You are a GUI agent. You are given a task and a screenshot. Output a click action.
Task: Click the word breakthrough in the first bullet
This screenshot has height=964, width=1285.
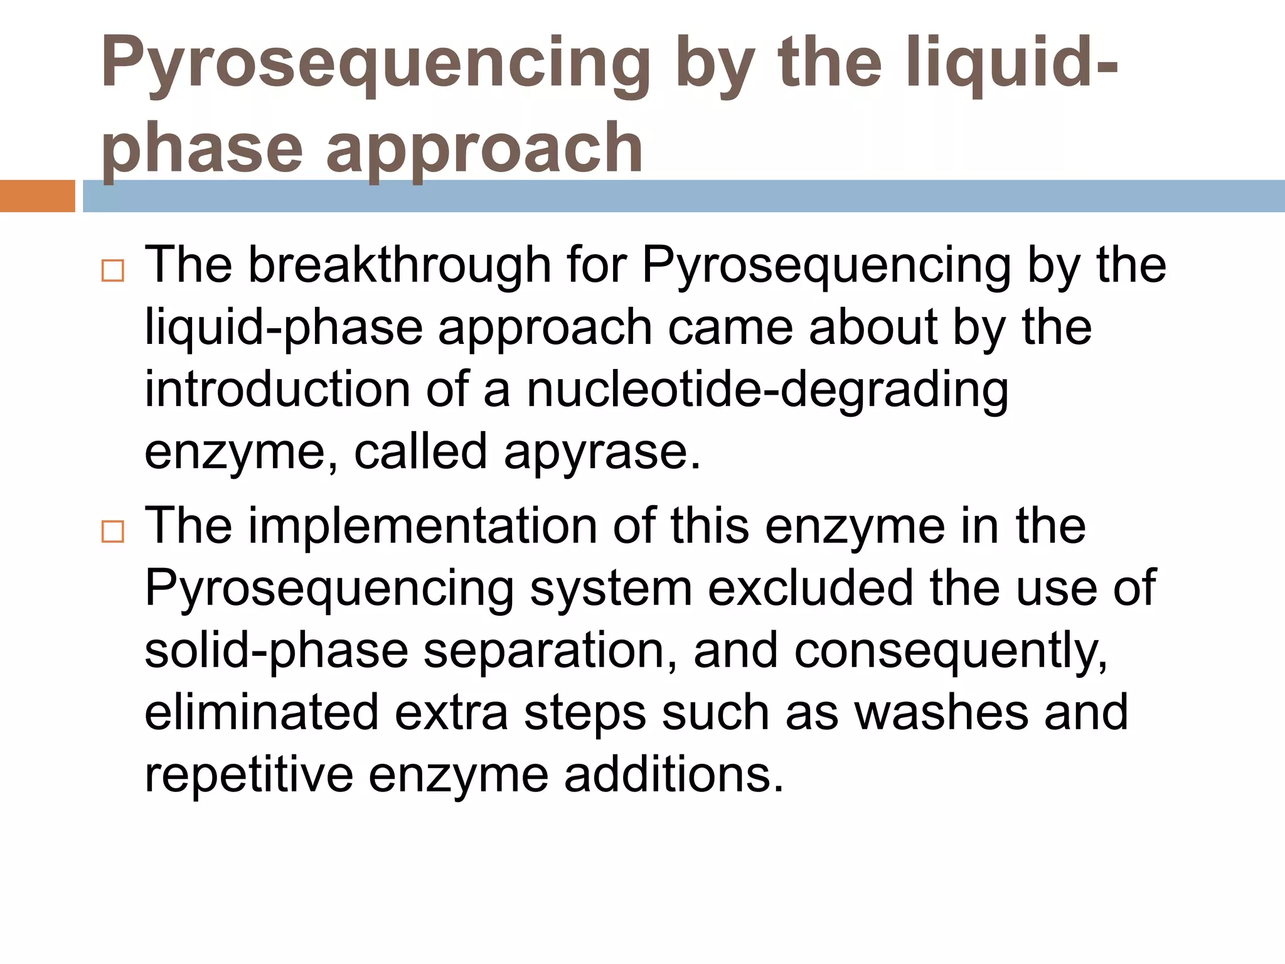point(400,265)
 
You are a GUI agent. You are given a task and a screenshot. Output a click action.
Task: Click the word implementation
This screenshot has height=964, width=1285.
point(423,525)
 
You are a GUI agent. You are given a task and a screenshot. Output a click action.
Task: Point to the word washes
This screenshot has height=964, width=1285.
point(942,712)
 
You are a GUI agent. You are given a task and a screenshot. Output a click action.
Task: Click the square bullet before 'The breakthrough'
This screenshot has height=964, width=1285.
point(113,271)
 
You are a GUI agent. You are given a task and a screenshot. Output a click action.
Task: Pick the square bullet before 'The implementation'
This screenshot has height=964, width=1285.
point(113,532)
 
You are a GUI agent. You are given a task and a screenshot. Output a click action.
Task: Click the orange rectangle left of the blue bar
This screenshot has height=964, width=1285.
point(37,196)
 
